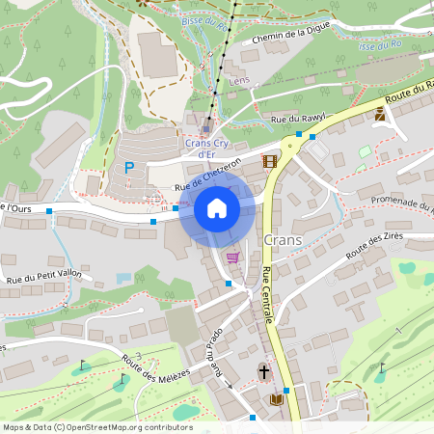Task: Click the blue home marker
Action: tap(217, 209)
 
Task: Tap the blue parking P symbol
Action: tap(129, 167)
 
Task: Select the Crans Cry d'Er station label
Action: tap(206, 148)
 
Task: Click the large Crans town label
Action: tap(283, 239)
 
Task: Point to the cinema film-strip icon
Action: tap(269, 161)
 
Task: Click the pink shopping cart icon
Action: tap(232, 258)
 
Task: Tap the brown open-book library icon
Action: tap(277, 397)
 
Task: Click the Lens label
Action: tap(240, 81)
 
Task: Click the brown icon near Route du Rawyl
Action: tap(380, 115)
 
